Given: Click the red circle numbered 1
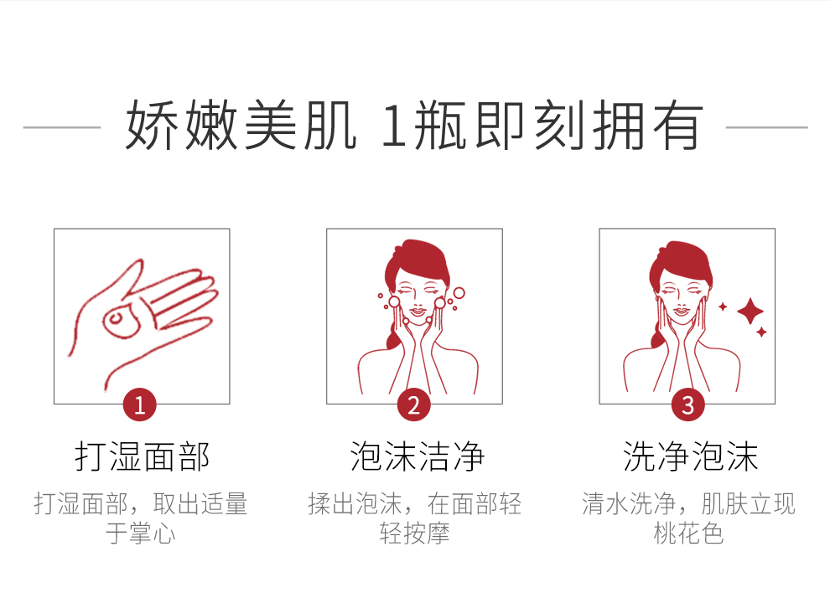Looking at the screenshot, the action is point(140,405).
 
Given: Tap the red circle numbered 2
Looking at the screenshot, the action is point(414,405).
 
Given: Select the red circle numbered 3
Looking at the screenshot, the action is point(687,405).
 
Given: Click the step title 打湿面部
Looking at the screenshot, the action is point(142,456).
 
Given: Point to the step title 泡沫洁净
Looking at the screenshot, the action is point(417,456).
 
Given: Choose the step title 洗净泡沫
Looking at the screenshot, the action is point(690,456).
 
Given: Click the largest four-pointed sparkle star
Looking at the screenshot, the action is point(750,311).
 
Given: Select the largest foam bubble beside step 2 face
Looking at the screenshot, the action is point(459,293).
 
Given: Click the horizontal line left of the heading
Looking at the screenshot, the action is point(62,127).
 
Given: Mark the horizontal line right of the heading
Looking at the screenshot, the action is point(766,127).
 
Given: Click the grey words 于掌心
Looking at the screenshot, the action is point(140,533).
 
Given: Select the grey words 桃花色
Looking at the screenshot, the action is point(688,533).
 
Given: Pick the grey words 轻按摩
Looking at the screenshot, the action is point(414,533).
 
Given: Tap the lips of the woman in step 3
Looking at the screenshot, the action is point(682,312).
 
